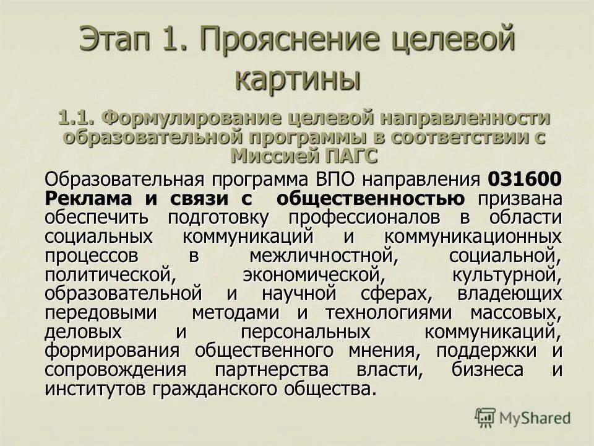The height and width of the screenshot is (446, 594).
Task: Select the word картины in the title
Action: tap(298, 79)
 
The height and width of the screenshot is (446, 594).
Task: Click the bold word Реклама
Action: tap(88, 199)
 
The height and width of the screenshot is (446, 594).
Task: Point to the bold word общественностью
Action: tap(371, 199)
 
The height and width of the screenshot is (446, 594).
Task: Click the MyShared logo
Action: tap(523, 418)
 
